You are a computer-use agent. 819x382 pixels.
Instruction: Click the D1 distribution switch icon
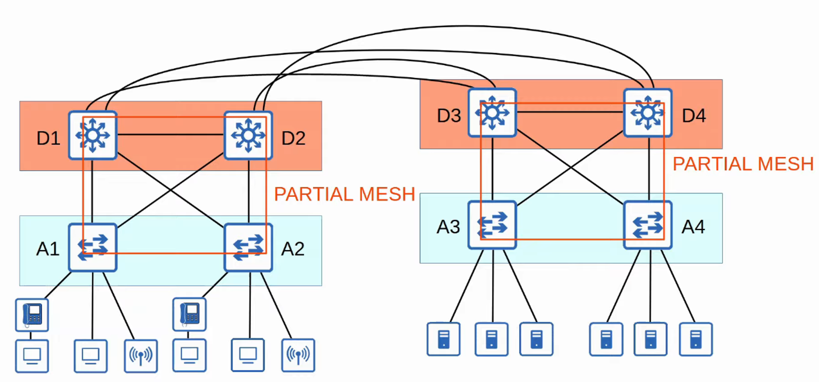click(93, 135)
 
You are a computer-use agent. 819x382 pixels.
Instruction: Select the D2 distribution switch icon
click(248, 135)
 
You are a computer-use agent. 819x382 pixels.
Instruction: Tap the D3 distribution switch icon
click(492, 113)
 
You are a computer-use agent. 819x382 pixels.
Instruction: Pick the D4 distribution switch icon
click(647, 113)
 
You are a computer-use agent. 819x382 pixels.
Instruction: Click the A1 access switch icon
click(93, 247)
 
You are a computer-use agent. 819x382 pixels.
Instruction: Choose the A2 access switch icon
click(248, 247)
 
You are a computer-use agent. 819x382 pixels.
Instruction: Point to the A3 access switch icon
click(492, 225)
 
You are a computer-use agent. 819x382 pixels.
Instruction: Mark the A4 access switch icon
click(647, 225)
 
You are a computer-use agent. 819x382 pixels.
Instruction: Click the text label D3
click(449, 116)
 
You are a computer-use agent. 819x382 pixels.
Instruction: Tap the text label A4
click(693, 227)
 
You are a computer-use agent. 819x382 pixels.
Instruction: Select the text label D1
click(48, 138)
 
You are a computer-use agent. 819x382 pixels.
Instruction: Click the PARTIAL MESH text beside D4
click(743, 164)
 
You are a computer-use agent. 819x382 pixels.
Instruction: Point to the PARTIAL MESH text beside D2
click(344, 194)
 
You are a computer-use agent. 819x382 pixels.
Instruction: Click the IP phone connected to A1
click(32, 315)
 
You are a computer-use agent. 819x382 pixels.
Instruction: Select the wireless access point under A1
click(141, 356)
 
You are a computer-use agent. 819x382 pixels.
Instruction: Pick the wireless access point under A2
click(298, 355)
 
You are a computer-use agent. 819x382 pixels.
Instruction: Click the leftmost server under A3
click(443, 339)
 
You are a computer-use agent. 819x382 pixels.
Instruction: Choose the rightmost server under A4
click(695, 339)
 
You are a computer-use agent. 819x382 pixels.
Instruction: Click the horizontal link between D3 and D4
click(570, 112)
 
